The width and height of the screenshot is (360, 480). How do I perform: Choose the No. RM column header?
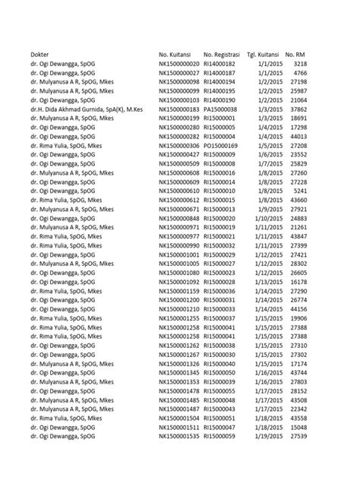295,55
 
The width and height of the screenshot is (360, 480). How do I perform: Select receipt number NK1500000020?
179,64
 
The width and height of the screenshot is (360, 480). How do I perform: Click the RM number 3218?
298,64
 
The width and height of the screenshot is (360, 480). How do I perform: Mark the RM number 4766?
298,73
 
